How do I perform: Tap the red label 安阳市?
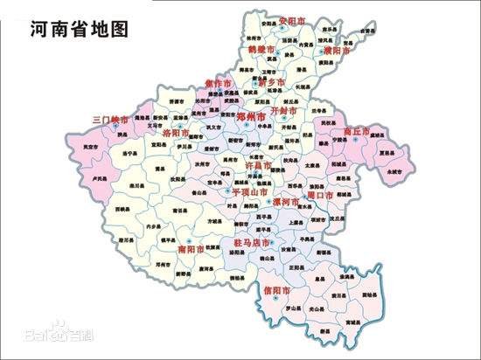[x=292, y=19]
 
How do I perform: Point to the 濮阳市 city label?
[x=336, y=52]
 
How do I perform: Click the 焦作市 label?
[x=218, y=84]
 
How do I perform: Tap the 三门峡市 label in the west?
[x=111, y=119]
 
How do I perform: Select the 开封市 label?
[x=286, y=112]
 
